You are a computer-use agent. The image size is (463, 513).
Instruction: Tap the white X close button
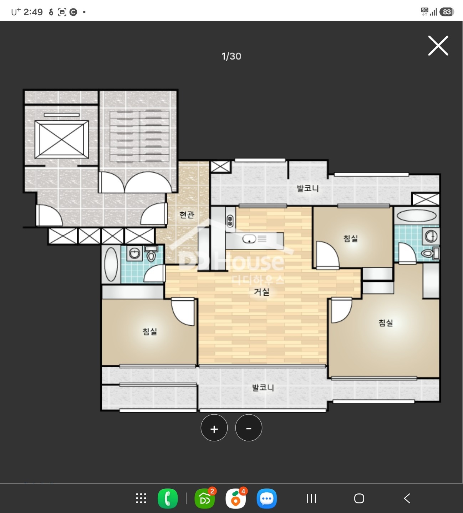pyautogui.click(x=438, y=46)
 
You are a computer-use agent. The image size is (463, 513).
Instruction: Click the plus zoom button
pyautogui.click(x=214, y=427)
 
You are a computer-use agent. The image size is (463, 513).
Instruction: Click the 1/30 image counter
pyautogui.click(x=231, y=56)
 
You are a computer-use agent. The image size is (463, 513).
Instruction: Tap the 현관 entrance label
pyautogui.click(x=187, y=214)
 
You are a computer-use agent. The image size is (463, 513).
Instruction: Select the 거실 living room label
pyautogui.click(x=261, y=291)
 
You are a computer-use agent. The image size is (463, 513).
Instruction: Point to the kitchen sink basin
pyautogui.click(x=249, y=239)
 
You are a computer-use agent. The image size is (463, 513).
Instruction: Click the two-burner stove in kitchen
pyautogui.click(x=230, y=221)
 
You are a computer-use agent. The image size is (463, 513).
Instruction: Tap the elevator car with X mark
pyautogui.click(x=61, y=139)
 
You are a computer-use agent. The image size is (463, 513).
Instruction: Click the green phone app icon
pyautogui.click(x=168, y=498)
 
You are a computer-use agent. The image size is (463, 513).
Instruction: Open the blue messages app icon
pyautogui.click(x=266, y=498)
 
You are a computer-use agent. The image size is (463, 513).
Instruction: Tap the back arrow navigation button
pyautogui.click(x=407, y=498)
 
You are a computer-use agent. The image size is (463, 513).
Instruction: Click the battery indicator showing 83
pyautogui.click(x=447, y=12)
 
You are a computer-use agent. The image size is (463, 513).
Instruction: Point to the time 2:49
pyautogui.click(x=33, y=12)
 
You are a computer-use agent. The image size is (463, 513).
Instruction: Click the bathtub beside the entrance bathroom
pyautogui.click(x=111, y=264)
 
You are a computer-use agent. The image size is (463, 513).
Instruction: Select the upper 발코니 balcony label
pyautogui.click(x=307, y=188)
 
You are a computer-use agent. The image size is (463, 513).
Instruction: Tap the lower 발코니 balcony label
pyautogui.click(x=263, y=388)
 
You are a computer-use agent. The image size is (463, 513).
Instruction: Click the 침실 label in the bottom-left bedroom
pyautogui.click(x=149, y=332)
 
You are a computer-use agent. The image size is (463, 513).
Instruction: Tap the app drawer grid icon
pyautogui.click(x=141, y=498)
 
